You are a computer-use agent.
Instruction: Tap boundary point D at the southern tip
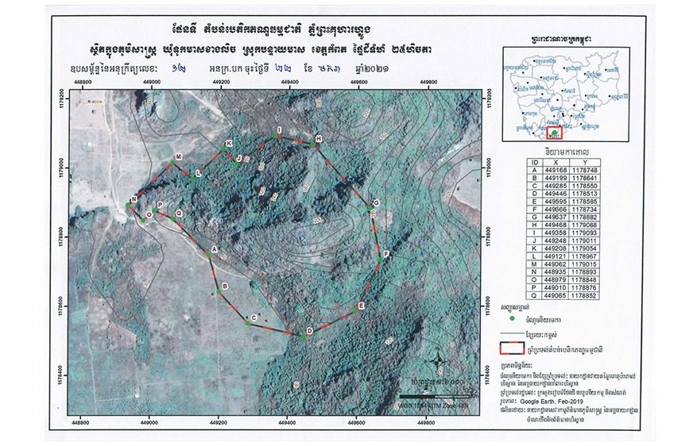(x=304, y=336)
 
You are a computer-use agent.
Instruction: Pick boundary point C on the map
(x=246, y=320)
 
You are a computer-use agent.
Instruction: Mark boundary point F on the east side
(x=380, y=259)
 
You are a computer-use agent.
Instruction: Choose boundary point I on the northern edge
(x=274, y=136)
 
